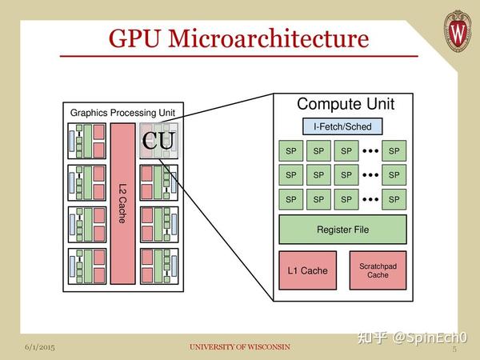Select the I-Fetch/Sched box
[342, 126]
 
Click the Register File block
[343, 230]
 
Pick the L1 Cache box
[307, 270]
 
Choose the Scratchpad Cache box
[378, 270]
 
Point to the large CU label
[158, 142]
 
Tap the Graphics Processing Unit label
[122, 113]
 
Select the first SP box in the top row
[290, 151]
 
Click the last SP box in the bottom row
[392, 199]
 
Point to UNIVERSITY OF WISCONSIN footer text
[239, 347]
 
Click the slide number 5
[454, 349]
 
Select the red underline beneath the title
[239, 57]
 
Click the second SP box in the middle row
[318, 175]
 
